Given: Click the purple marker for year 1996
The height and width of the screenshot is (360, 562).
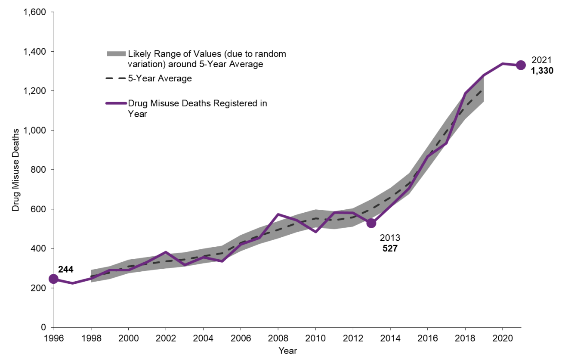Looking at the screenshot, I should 54,279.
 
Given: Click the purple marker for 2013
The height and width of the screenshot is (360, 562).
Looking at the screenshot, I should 371,223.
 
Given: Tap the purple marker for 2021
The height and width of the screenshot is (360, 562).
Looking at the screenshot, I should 521,65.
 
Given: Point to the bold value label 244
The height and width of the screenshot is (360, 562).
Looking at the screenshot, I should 66,270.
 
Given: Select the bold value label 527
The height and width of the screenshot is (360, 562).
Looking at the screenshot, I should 390,248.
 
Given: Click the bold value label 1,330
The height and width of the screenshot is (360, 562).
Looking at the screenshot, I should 542,71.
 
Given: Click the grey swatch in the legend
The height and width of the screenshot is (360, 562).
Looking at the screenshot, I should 116,54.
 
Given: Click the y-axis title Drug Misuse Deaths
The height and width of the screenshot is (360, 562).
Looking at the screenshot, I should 15,170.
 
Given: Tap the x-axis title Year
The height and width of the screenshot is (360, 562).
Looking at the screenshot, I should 287,351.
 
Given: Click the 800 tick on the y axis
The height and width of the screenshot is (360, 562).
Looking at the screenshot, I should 41,170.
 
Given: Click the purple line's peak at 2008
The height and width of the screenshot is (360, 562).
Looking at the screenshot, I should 278,214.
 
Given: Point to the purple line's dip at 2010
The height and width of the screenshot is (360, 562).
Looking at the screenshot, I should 315,232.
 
